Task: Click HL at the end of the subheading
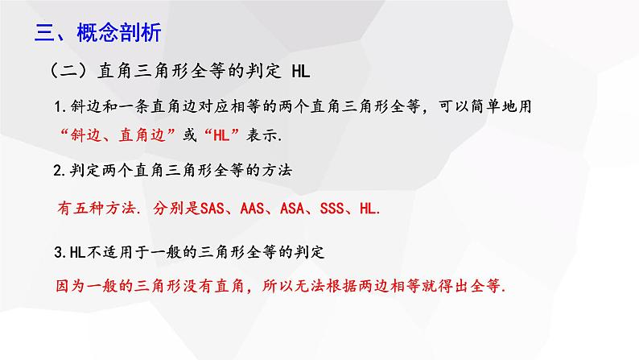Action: pyautogui.click(x=300, y=73)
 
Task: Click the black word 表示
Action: pyautogui.click(x=264, y=134)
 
